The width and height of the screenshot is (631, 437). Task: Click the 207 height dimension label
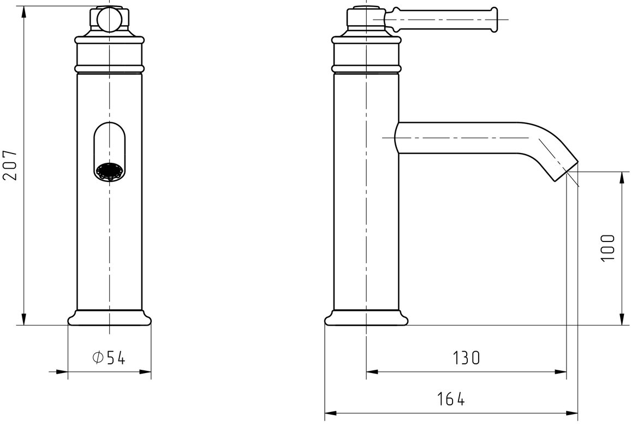(x=10, y=165)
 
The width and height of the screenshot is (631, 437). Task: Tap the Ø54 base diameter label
(x=109, y=357)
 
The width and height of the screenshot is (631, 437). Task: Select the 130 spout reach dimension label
(x=466, y=357)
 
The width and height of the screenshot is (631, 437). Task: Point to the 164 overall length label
(x=451, y=399)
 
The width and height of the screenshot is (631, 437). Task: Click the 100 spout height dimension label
(x=608, y=248)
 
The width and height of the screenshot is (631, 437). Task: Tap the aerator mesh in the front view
(x=110, y=172)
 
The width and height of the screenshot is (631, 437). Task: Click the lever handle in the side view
(x=441, y=19)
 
